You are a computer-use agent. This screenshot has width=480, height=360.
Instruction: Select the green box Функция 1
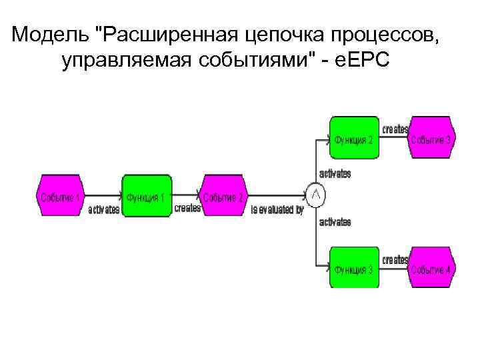147,197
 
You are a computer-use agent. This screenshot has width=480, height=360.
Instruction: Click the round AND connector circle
316,195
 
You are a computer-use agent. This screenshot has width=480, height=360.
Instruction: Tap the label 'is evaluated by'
277,209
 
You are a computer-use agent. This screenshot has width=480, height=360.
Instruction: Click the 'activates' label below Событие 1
104,209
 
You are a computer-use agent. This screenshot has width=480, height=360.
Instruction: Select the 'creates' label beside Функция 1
187,208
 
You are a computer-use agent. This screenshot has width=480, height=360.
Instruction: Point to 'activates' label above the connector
335,173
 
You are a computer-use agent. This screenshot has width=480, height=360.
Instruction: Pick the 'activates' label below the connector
335,222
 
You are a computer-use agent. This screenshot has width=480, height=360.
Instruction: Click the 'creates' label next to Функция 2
395,129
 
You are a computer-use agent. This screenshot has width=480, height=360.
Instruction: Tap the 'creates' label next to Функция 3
395,259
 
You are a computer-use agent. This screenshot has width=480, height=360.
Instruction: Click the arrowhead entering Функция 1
121,196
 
